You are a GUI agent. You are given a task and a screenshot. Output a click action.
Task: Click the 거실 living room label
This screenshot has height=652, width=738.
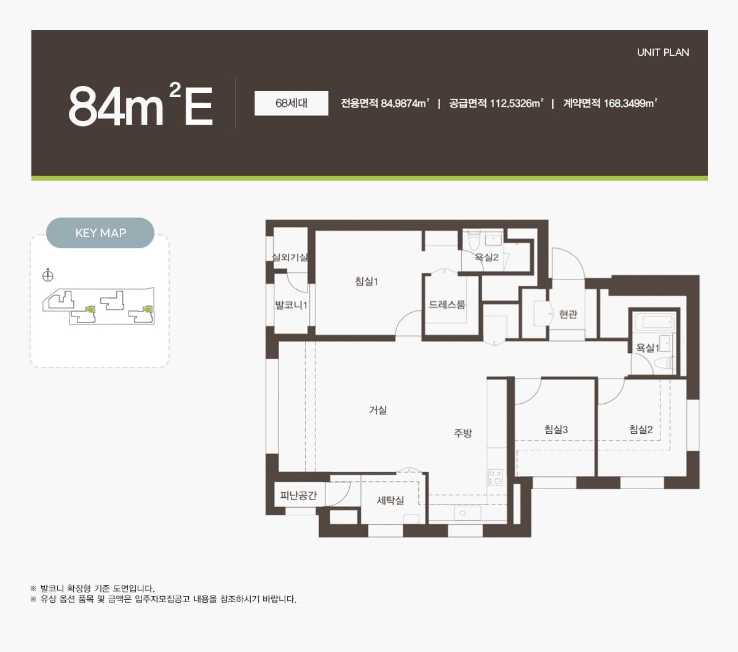[378, 410]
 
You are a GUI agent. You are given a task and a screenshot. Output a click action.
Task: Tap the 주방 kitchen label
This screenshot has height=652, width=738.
[462, 433]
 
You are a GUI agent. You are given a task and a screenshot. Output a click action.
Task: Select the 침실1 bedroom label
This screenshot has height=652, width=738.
[366, 281]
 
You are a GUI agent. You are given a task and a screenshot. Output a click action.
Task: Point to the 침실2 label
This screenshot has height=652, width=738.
[641, 430]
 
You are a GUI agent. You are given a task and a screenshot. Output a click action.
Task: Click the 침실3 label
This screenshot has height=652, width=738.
[556, 430]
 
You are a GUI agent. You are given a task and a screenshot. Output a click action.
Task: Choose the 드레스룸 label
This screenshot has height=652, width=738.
[447, 304]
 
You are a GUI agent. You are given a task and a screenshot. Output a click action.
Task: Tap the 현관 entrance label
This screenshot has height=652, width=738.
[568, 314]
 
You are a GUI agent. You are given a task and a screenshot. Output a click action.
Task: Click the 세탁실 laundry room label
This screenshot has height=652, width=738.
[390, 500]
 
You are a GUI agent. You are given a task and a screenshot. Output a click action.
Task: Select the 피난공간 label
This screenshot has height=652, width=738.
[298, 495]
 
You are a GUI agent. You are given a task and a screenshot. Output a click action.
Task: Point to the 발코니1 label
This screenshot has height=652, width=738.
[291, 305]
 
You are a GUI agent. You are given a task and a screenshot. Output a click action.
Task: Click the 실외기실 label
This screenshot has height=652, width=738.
[290, 257]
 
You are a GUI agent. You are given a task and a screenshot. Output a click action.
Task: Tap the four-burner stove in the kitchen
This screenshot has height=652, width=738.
[495, 477]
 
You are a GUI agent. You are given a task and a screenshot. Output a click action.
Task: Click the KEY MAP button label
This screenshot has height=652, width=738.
[100, 233]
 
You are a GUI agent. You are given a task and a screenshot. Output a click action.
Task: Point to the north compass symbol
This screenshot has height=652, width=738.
[48, 275]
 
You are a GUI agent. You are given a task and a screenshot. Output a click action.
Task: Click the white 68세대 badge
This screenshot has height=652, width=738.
[292, 103]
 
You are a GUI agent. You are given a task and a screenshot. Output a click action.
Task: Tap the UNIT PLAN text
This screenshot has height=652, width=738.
[663, 52]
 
